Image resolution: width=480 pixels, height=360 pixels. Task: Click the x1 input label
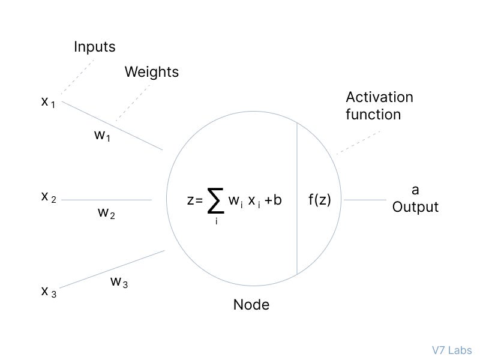click(x=48, y=102)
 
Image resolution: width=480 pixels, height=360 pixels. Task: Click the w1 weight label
click(x=103, y=136)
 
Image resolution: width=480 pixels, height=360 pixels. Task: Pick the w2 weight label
click(x=106, y=213)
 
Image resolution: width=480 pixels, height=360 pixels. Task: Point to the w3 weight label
click(x=119, y=282)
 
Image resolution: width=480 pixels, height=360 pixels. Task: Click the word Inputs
click(x=95, y=46)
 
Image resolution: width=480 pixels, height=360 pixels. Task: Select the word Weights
click(x=151, y=72)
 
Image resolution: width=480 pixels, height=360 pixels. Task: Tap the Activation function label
click(x=379, y=106)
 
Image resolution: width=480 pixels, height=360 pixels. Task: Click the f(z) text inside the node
click(x=320, y=200)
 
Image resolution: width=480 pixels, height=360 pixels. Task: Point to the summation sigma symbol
click(x=215, y=200)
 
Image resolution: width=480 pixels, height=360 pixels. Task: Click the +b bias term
click(x=272, y=200)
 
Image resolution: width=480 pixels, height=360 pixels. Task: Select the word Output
click(x=415, y=207)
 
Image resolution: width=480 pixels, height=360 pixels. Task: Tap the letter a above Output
click(x=415, y=190)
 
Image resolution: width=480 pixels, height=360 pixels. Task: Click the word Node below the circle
click(x=251, y=305)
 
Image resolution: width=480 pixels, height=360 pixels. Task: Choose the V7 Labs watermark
click(x=452, y=350)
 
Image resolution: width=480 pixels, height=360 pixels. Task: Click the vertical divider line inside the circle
click(x=297, y=198)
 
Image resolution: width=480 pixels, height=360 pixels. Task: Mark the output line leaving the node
click(x=365, y=200)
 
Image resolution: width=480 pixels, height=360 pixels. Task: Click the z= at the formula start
click(x=195, y=200)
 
